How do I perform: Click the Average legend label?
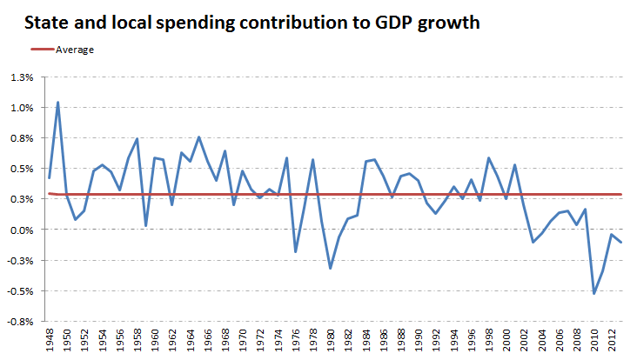pos(75,50)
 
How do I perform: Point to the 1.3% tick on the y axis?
pos(21,77)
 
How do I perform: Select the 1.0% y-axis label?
pos(21,108)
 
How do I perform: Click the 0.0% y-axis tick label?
pos(21,230)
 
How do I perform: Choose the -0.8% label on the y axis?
pos(19,321)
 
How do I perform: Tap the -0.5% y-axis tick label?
pos(19,290)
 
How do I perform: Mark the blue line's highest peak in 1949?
pos(57,103)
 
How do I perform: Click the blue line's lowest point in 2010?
pos(594,293)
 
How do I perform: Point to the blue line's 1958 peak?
pos(137,139)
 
